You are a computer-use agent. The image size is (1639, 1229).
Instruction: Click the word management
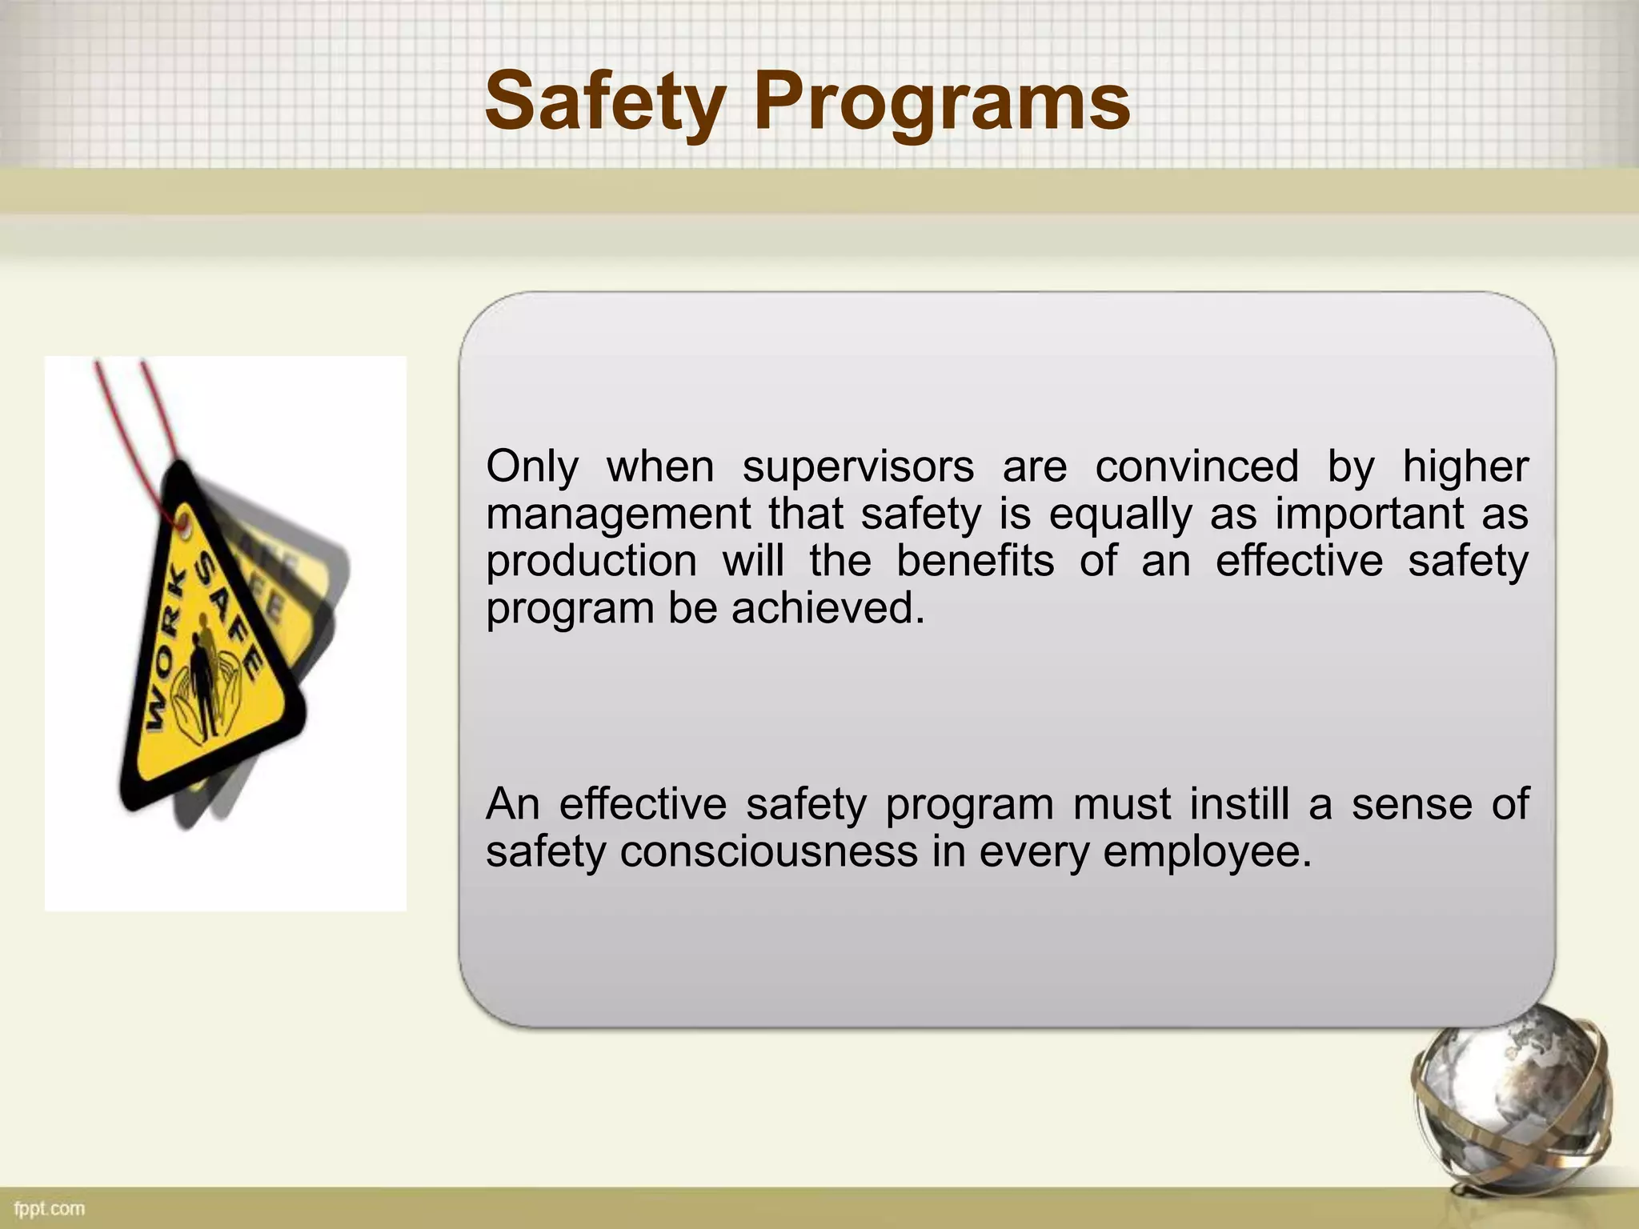click(617, 514)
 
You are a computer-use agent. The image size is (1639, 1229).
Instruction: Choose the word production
click(591, 561)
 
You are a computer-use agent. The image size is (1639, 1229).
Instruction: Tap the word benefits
click(975, 561)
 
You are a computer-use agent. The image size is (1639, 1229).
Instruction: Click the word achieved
click(828, 608)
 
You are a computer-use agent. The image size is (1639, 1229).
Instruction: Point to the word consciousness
click(768, 851)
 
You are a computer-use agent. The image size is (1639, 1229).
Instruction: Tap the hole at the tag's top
click(185, 523)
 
